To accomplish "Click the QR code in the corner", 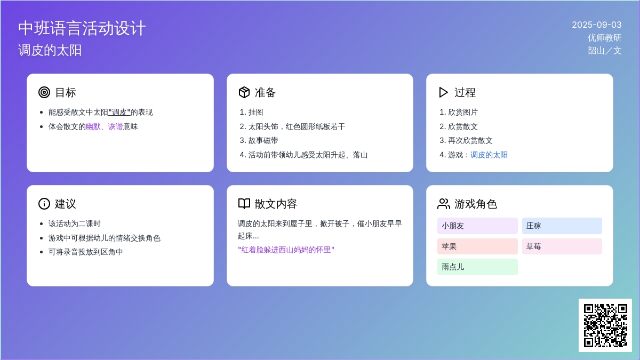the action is [605, 325].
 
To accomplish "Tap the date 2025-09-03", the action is [597, 25].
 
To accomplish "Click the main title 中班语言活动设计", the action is [82, 28].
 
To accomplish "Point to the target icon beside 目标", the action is [44, 92].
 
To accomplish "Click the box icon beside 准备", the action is [244, 92].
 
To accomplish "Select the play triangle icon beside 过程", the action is [443, 92].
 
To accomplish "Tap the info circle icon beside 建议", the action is [44, 204].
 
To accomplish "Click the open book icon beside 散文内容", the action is [244, 204].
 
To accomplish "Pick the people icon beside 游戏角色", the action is [443, 204].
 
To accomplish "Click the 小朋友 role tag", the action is [477, 226].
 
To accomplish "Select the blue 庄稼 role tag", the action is [562, 226].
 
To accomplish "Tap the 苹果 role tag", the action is [477, 246].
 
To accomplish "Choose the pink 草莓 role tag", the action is [562, 246].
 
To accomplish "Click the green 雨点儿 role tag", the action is [477, 267].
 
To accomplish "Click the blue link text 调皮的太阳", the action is [489, 155].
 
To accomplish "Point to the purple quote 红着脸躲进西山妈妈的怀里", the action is [286, 250].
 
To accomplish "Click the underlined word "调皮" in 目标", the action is [119, 113].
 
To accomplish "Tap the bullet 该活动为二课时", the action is [75, 223].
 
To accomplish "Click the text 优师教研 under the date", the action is [605, 38].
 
